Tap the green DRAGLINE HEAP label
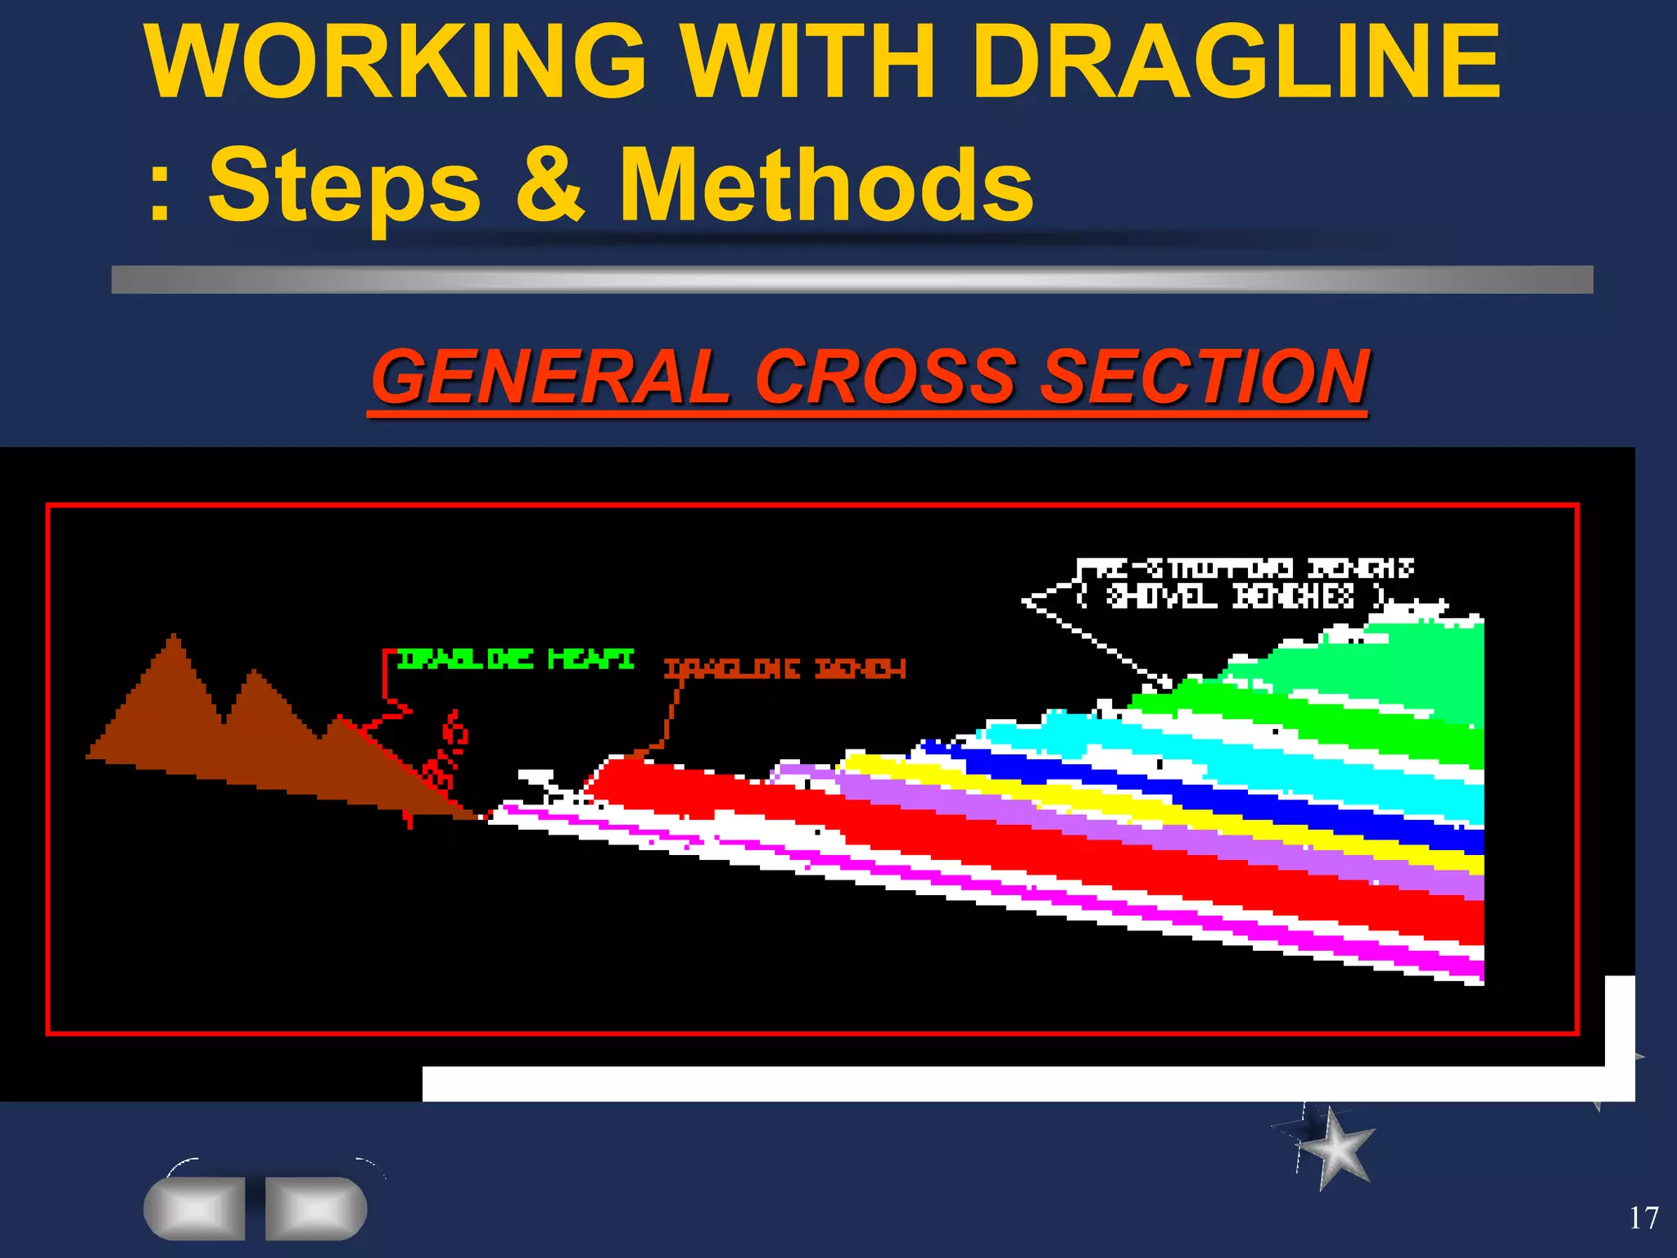[514, 658]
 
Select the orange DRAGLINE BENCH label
[784, 669]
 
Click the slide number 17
[1643, 1218]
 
